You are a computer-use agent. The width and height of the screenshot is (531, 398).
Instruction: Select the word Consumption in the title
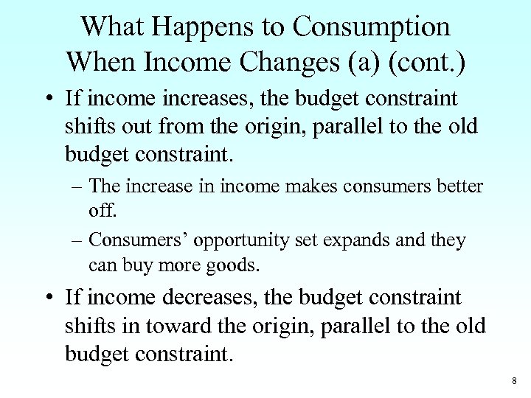click(x=371, y=27)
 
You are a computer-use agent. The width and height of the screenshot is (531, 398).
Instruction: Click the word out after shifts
click(x=145, y=125)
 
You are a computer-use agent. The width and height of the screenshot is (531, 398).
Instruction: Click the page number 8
click(x=513, y=381)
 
